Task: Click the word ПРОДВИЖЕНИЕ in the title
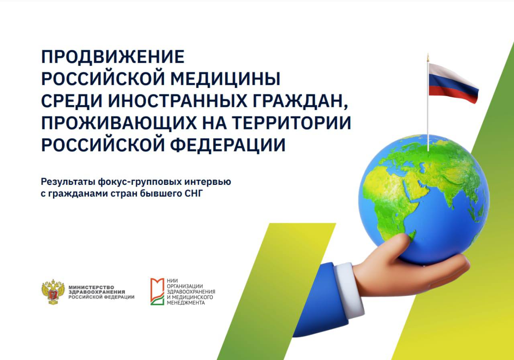[x=113, y=57]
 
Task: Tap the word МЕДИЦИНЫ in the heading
[x=225, y=79]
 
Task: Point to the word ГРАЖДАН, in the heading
[x=300, y=102]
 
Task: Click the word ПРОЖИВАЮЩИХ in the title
[x=119, y=123]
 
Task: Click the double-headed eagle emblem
[x=53, y=292]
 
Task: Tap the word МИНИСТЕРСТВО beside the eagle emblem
[x=91, y=287]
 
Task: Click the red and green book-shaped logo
[x=157, y=292]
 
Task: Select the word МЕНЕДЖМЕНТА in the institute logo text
[x=186, y=303]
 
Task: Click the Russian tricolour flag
[x=453, y=83]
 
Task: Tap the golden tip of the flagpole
[x=428, y=57]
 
